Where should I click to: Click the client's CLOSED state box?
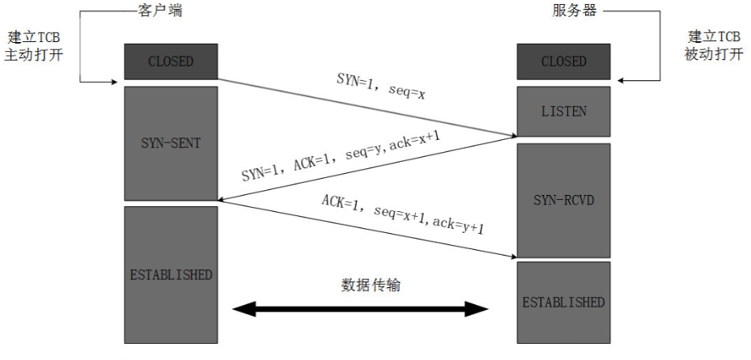(x=171, y=61)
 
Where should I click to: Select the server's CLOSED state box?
(x=563, y=61)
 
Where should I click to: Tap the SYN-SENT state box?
(x=171, y=142)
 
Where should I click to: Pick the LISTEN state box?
(x=563, y=112)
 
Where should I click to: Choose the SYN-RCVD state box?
(x=563, y=200)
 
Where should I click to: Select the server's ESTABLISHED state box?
(x=563, y=303)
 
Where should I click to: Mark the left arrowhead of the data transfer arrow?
(x=241, y=309)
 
